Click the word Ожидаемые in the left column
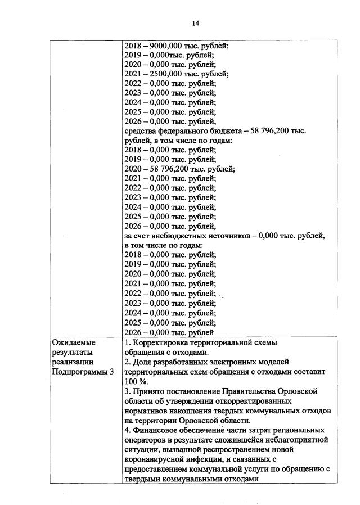pos(74,342)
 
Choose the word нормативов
pos(147,411)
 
